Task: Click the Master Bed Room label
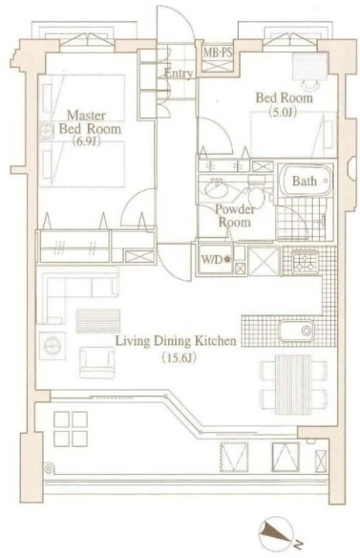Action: (90, 121)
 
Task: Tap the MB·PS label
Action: (218, 53)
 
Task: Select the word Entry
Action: (179, 74)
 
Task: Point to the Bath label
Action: (305, 182)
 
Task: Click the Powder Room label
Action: (234, 216)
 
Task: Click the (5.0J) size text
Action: (284, 113)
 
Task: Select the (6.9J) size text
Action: (87, 141)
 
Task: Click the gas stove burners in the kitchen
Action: (305, 262)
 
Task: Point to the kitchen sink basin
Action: (296, 331)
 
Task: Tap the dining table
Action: (294, 384)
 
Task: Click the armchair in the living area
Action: (97, 362)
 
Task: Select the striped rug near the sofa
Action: (98, 321)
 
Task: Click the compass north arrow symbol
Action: (275, 534)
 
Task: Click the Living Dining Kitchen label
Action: (176, 341)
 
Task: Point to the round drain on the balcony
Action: (49, 468)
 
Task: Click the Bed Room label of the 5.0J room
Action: (285, 97)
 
